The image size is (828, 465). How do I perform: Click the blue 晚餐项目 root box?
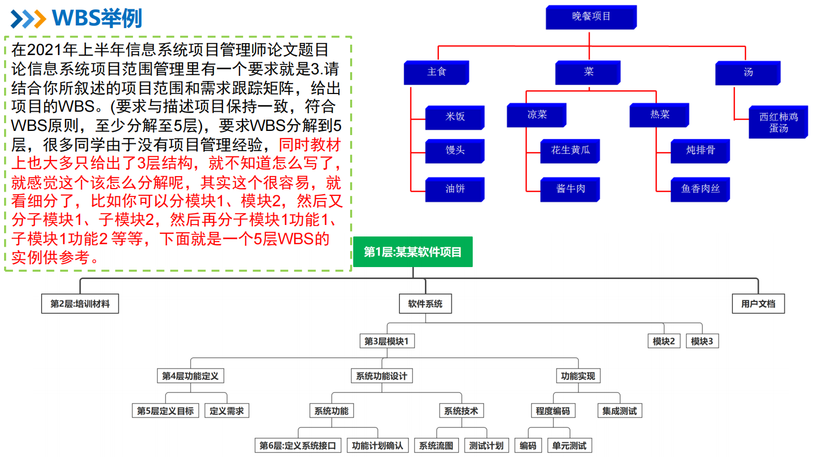(591, 17)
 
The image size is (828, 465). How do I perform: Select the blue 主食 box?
(436, 72)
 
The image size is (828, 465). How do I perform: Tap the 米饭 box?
(455, 117)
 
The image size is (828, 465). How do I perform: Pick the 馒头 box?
(455, 151)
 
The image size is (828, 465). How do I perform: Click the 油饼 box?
(455, 189)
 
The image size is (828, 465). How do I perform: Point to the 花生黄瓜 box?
(570, 151)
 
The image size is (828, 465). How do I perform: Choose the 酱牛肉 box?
(570, 189)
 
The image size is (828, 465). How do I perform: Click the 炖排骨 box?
(700, 151)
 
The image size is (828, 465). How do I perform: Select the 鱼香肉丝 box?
(700, 189)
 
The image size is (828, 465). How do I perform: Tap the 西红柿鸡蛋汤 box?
(778, 123)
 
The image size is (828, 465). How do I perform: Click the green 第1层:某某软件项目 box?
(413, 252)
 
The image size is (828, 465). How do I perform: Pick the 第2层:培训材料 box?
(80, 304)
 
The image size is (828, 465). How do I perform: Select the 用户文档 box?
(758, 304)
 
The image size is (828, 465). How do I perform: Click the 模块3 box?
(702, 341)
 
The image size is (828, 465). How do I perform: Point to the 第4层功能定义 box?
(190, 376)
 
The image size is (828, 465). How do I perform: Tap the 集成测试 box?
(619, 411)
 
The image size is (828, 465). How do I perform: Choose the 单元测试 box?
(569, 446)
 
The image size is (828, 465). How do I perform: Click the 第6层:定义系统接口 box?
(298, 446)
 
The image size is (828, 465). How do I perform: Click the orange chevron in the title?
(38, 19)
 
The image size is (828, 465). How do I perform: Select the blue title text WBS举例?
(97, 18)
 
